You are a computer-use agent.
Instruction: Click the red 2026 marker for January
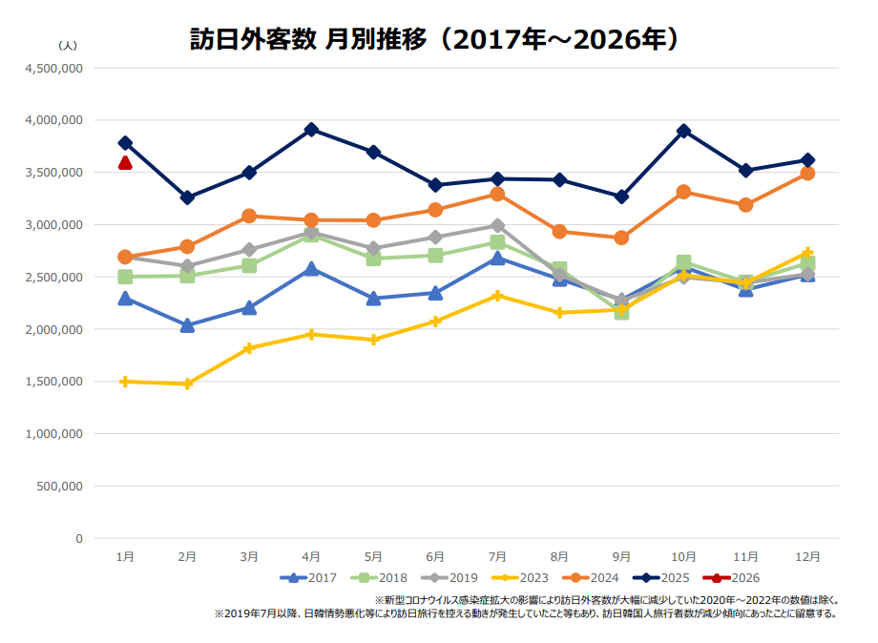tap(125, 163)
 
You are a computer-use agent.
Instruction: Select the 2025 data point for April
tap(311, 130)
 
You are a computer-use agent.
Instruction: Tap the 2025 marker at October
tap(683, 131)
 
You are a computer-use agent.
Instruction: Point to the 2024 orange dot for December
tap(807, 174)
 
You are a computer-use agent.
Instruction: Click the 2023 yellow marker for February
tap(187, 384)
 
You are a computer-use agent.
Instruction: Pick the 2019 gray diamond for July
tap(497, 225)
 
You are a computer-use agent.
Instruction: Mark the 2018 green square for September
tap(621, 311)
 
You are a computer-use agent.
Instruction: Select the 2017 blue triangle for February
tap(187, 325)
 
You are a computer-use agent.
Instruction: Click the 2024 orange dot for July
tap(497, 194)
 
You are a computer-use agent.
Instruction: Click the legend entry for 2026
tap(731, 578)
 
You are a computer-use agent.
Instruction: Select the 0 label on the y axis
tap(79, 538)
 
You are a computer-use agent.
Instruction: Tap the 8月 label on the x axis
tap(559, 556)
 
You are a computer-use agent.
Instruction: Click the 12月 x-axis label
tap(807, 556)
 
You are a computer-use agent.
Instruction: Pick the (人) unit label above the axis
tap(68, 45)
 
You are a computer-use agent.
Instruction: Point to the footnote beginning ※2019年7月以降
tap(526, 614)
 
